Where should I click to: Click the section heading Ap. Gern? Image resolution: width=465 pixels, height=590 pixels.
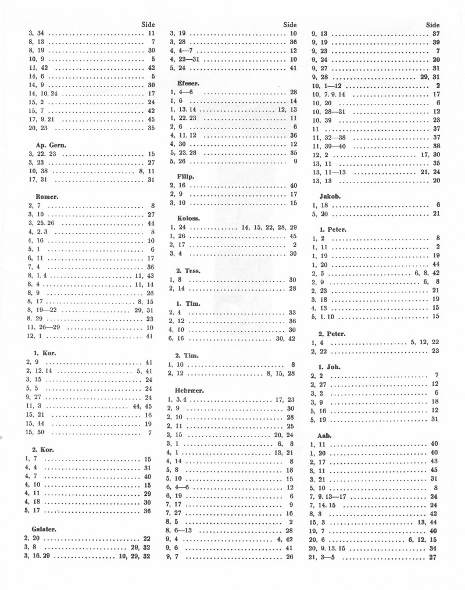(47, 144)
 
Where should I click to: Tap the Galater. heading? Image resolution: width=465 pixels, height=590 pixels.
(44, 530)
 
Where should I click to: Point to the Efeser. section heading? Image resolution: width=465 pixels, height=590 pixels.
(188, 83)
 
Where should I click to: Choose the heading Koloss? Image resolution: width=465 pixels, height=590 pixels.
(188, 218)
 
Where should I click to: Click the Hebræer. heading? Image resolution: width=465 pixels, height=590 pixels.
(189, 391)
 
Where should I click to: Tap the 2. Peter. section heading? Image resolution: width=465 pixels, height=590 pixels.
(332, 334)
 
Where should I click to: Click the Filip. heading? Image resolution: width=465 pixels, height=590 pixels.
(185, 176)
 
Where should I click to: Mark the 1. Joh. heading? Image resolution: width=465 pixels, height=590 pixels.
(329, 367)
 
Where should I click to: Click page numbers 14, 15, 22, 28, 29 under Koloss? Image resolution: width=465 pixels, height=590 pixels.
(269, 227)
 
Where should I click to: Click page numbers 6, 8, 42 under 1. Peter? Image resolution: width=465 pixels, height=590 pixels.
(427, 273)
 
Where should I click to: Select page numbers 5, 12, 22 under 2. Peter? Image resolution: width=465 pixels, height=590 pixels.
(424, 342)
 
